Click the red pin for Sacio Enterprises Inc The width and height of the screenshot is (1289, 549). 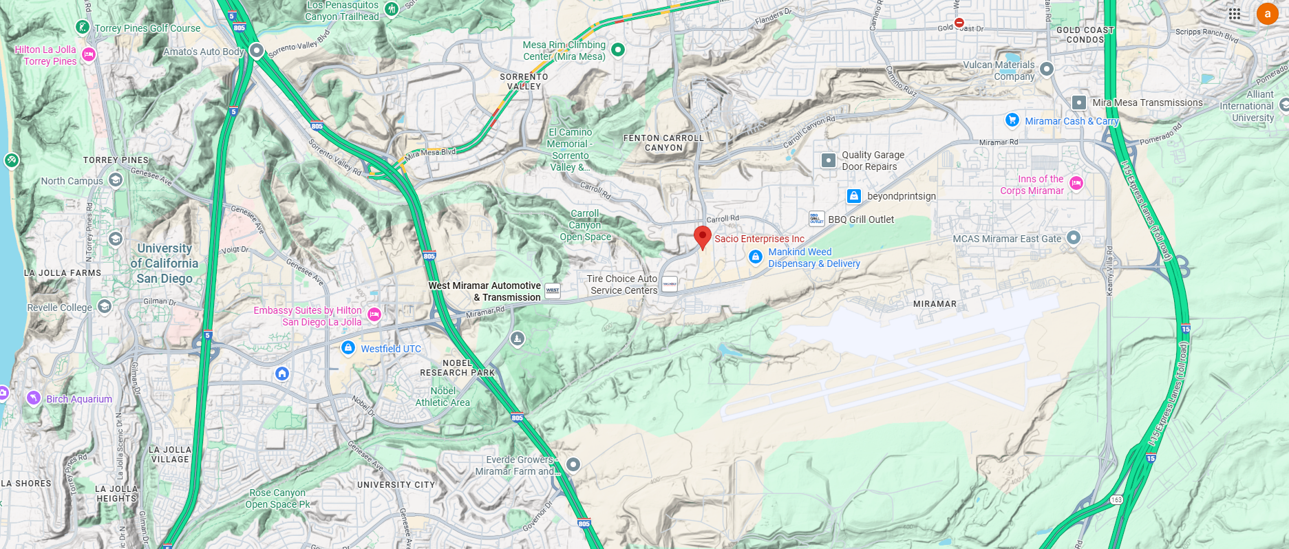[702, 236]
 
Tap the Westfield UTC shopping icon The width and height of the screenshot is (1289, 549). [348, 348]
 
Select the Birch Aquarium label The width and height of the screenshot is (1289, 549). [78, 399]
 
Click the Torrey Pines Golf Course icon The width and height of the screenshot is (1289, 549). [83, 28]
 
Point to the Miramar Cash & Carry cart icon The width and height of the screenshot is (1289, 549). [1012, 120]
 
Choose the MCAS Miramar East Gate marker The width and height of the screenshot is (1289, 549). [1073, 238]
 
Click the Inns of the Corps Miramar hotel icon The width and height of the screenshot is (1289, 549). [1076, 183]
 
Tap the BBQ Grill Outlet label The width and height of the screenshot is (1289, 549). [861, 219]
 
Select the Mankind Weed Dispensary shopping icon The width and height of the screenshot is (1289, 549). [755, 257]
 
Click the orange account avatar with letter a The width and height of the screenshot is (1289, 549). [1267, 14]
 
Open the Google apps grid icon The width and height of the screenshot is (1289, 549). [1235, 14]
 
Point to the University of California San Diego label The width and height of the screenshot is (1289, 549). [164, 263]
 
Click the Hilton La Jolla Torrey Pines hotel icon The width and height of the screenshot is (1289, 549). [88, 54]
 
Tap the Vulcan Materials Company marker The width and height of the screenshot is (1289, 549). [1047, 69]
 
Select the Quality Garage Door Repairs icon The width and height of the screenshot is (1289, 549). [829, 160]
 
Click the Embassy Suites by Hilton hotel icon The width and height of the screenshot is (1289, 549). [374, 314]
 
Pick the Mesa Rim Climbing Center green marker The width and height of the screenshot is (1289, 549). [618, 50]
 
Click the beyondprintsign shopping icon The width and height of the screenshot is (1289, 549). [853, 196]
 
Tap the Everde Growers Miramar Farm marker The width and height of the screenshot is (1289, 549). [573, 464]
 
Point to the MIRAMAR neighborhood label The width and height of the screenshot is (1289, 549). [935, 304]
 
